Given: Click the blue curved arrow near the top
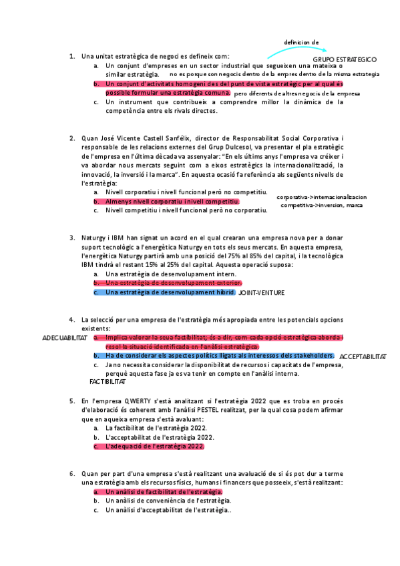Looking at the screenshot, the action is [294, 49].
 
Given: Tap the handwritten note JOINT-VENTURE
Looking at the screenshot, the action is [262, 292].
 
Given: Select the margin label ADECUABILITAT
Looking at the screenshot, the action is [65, 338].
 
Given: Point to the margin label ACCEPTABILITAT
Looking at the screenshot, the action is [363, 357].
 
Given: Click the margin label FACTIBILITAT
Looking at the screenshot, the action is [108, 382].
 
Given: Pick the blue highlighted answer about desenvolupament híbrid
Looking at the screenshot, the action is [170, 292].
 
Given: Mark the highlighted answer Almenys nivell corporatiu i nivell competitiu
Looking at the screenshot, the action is [172, 201].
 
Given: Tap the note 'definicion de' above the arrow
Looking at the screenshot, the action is [301, 41].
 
